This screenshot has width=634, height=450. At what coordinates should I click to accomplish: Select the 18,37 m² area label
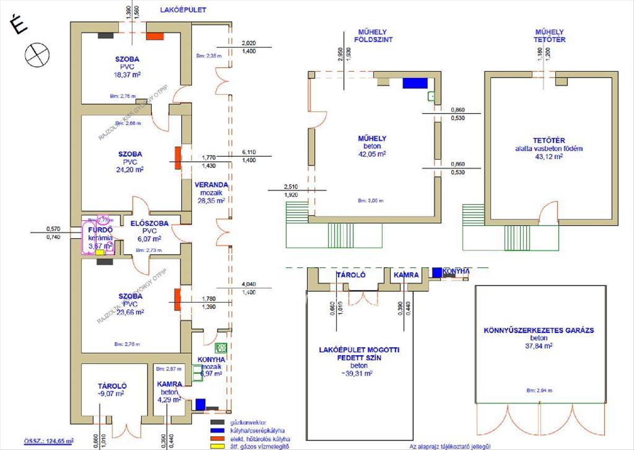click(127, 75)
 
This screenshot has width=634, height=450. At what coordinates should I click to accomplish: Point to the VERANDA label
click(211, 185)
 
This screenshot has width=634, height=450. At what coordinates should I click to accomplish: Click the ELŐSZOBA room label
click(150, 223)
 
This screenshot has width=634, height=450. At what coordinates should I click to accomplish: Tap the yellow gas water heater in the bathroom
click(100, 252)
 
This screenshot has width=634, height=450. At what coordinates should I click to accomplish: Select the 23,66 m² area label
click(130, 312)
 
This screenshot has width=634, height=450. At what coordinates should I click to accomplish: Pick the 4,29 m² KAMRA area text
click(170, 400)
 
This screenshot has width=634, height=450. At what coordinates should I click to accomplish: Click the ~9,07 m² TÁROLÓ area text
click(110, 393)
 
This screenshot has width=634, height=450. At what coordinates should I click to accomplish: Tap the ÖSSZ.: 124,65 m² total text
click(49, 440)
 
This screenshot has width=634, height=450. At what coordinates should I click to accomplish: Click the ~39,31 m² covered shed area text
click(359, 373)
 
